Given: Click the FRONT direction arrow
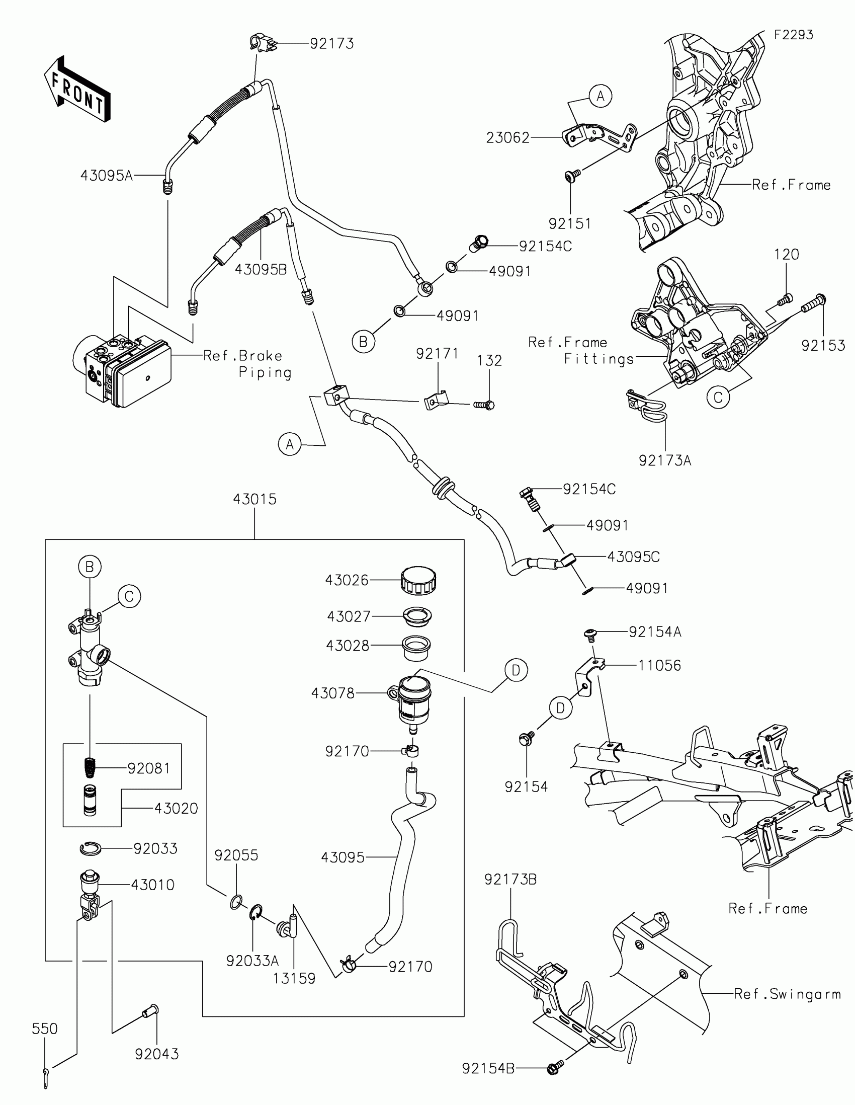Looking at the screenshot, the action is click(77, 89).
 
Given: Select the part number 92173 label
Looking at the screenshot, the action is click(331, 43).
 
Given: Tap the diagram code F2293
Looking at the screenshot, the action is click(793, 34).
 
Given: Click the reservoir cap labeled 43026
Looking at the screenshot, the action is click(418, 580).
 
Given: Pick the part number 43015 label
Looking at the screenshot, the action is click(255, 499).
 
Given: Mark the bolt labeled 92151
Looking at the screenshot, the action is click(572, 176).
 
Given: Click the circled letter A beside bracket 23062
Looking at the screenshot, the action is click(600, 96).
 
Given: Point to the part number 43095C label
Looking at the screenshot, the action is click(633, 557).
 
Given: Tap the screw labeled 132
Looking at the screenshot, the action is click(484, 405).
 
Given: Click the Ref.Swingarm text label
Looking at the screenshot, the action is click(787, 994).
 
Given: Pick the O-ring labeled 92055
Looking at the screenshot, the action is click(236, 902).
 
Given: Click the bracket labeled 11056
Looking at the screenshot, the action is click(590, 676).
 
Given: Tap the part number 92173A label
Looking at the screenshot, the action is click(665, 460).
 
